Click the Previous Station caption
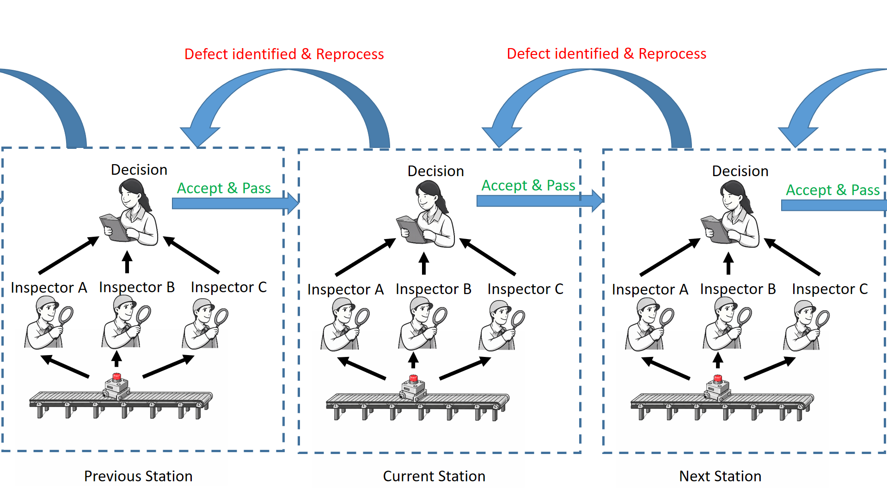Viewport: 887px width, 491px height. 138,476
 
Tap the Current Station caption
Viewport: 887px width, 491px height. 434,476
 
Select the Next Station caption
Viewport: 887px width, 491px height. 720,476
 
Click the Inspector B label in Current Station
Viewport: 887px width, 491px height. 433,289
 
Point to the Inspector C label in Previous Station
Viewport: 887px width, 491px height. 229,287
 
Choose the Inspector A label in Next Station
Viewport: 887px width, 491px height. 649,289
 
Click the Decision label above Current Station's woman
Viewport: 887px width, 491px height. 435,171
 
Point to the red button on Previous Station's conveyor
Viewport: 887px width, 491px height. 117,377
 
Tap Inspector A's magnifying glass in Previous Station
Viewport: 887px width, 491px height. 66,316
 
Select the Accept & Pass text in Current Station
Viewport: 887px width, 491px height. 528,185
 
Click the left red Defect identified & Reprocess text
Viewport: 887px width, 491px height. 284,54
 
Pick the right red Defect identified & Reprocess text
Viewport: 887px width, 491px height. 606,54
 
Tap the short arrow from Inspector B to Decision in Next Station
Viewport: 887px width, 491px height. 728,264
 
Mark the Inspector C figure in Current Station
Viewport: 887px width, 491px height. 501,326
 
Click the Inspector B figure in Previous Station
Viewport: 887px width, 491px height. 124,323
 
